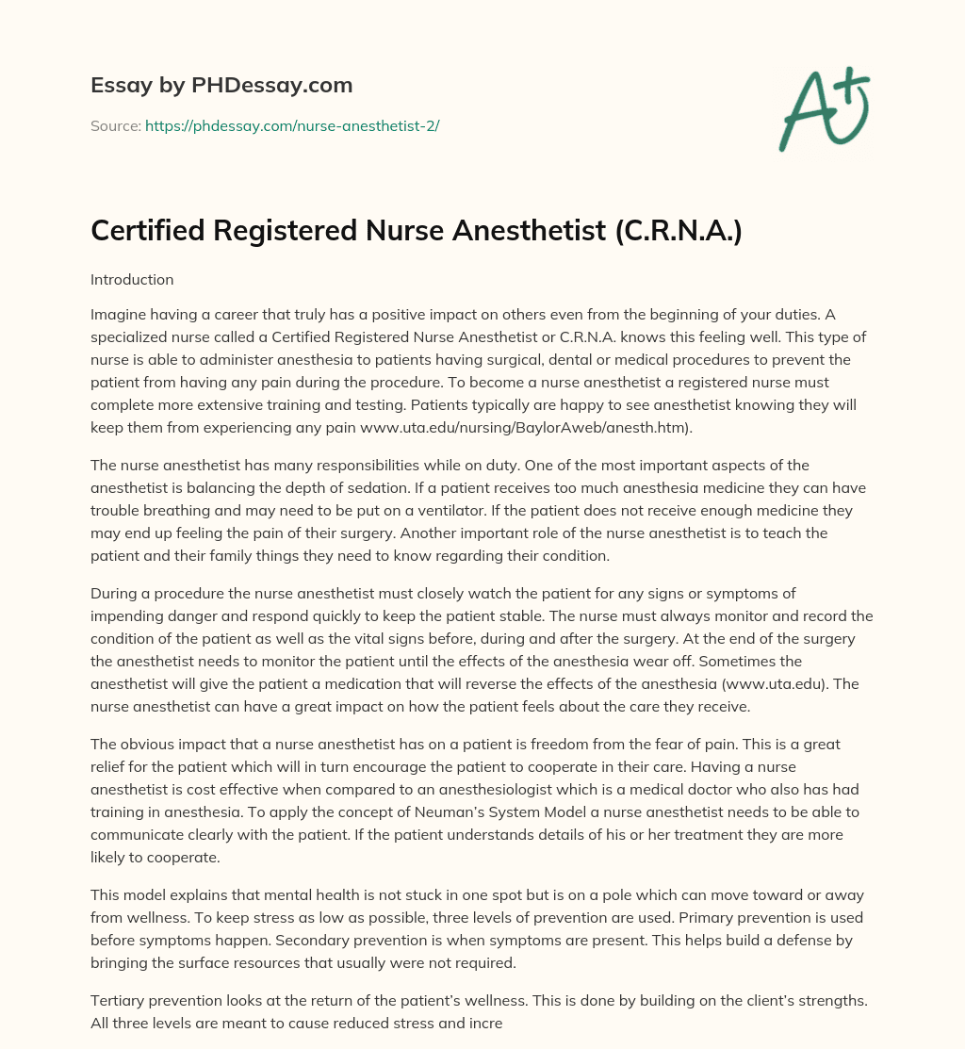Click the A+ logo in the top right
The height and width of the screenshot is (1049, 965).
click(823, 109)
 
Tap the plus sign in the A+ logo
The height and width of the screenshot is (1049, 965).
click(853, 88)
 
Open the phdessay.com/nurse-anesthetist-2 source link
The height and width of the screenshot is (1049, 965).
click(292, 125)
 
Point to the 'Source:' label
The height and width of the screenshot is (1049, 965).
click(115, 125)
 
